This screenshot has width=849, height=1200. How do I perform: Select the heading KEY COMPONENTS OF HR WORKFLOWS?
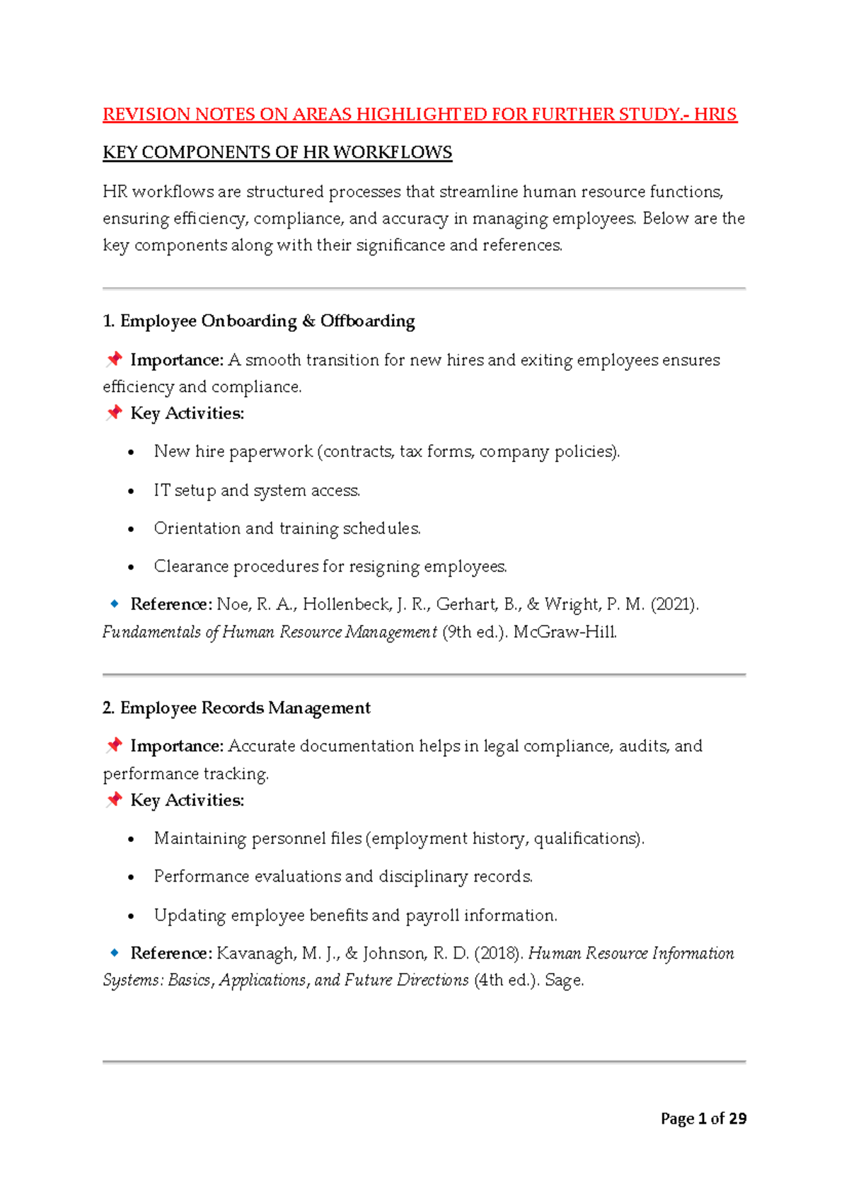[x=277, y=153]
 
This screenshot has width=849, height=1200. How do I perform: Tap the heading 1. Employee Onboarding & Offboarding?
[x=259, y=321]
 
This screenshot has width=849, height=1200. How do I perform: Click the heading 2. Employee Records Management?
[x=236, y=708]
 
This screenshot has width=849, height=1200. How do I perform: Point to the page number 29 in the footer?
[x=737, y=1119]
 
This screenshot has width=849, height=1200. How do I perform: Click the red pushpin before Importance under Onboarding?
[x=114, y=359]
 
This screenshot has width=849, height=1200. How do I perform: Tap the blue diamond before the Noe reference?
[x=114, y=604]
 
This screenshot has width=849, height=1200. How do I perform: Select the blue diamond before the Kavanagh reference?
[x=114, y=953]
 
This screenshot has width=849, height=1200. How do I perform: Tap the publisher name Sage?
[x=563, y=981]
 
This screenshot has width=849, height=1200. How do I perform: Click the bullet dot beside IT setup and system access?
[x=131, y=491]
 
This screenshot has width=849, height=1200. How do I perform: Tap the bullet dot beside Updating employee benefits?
[x=131, y=916]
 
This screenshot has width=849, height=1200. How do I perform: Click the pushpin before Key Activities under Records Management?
[x=114, y=800]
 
